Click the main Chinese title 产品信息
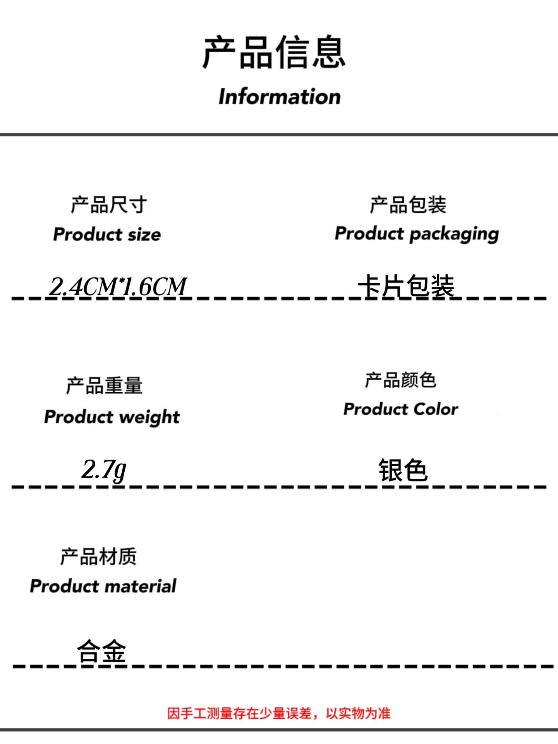pos(274,52)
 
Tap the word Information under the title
pos(279,96)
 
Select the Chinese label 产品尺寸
pos(109,205)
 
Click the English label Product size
pos(107,234)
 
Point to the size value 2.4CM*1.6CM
pos(118,287)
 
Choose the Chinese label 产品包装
pos(408,205)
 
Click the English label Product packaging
pos(417,234)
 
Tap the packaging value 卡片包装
pos(406,286)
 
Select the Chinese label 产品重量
pos(104,386)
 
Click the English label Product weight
pos(112,417)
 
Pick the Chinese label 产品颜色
pos(400,380)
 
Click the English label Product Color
pos(400,409)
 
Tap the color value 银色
pos(403,470)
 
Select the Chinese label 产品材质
pos(98,557)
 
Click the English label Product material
pos(103,586)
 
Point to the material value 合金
pos(101,651)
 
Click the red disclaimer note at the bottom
pos(279,713)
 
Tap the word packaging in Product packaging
pos(454,234)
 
